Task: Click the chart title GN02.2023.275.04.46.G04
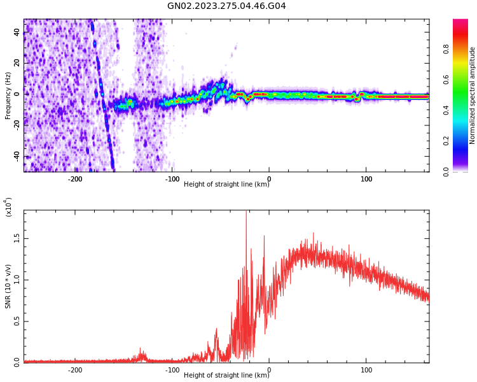tap(226, 6)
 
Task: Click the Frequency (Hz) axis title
tap(8, 95)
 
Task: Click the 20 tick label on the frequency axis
tap(17, 62)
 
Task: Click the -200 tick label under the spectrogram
tap(75, 179)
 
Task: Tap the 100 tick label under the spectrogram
tap(366, 179)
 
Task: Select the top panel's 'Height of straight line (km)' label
tap(226, 185)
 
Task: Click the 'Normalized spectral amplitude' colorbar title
tap(473, 95)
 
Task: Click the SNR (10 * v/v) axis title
tap(8, 286)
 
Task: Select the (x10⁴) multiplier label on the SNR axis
tap(8, 207)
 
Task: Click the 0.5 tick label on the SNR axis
tap(17, 321)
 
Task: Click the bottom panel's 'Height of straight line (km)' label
tap(226, 376)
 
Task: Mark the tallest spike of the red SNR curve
tap(245, 213)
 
